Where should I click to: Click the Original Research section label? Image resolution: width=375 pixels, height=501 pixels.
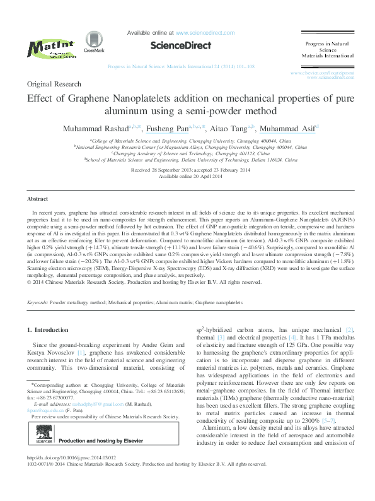point(54,84)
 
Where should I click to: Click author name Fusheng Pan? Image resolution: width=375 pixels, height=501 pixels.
point(161,129)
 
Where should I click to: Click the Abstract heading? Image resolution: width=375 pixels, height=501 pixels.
point(38,198)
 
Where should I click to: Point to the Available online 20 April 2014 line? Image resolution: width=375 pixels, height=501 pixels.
point(187,176)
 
